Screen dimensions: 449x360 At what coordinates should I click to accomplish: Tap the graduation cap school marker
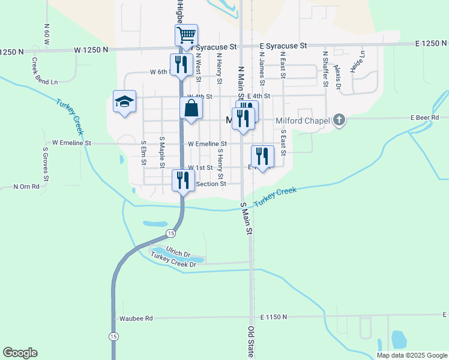(x=124, y=101)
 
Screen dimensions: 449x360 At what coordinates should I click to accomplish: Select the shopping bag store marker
(x=191, y=109)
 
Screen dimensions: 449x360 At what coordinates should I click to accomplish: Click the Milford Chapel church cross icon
(x=339, y=120)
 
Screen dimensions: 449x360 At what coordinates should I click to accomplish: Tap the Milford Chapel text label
(x=303, y=121)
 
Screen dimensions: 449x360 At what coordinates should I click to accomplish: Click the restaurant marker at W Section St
(x=183, y=180)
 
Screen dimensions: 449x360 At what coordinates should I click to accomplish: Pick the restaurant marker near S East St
(x=262, y=156)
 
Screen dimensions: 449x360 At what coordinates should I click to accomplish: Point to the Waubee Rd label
(x=136, y=318)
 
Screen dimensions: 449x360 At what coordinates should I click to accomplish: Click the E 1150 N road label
(x=274, y=316)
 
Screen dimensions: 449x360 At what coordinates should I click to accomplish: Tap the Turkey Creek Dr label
(x=174, y=260)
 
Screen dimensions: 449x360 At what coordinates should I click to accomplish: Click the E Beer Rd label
(x=425, y=118)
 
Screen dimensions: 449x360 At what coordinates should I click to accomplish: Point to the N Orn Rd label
(x=26, y=187)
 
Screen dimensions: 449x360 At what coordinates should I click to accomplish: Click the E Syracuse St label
(x=283, y=46)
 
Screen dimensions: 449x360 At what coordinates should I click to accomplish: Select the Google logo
(x=20, y=353)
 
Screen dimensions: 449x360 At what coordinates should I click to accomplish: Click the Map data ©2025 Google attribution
(x=411, y=355)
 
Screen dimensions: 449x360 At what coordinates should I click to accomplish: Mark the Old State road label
(x=251, y=343)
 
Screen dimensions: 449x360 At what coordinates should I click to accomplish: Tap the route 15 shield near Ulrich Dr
(x=171, y=233)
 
